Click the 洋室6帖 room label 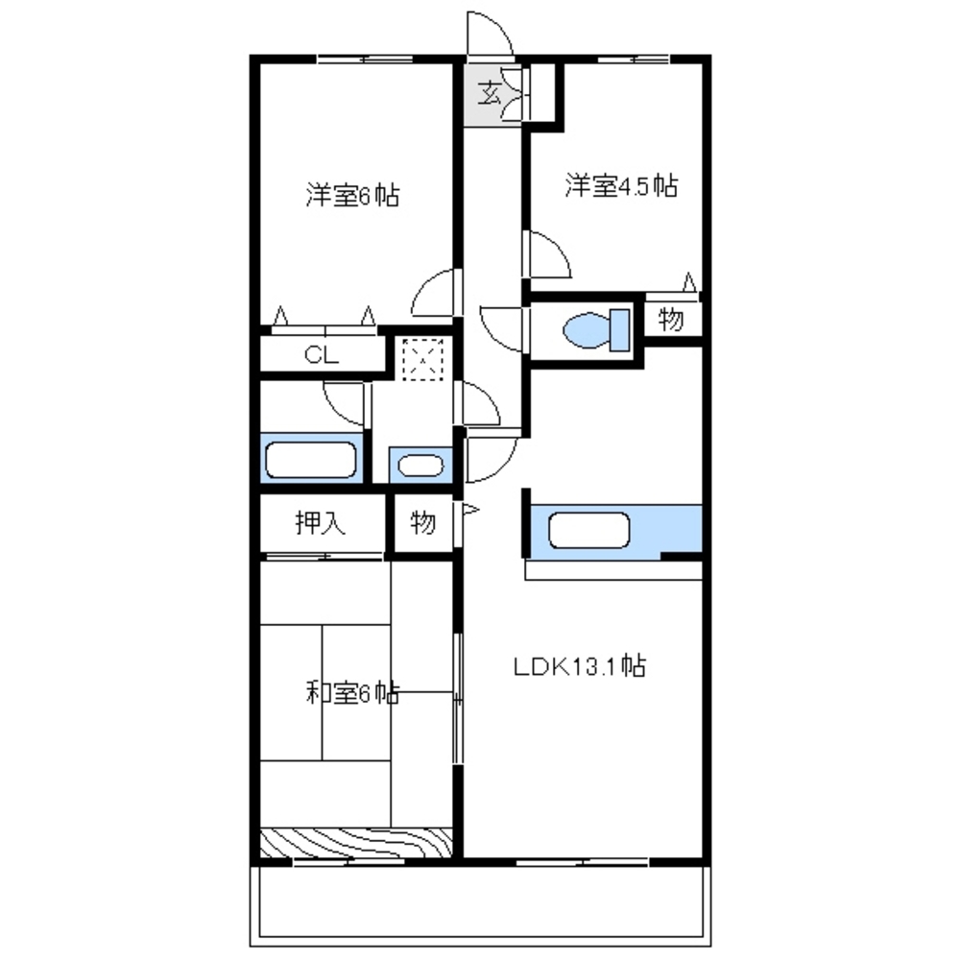click(x=352, y=196)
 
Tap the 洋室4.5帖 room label click(x=621, y=185)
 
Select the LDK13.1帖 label click(x=580, y=665)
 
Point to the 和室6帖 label click(x=352, y=693)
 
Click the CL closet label click(x=322, y=355)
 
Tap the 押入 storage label click(x=321, y=523)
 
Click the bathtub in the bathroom click(x=311, y=459)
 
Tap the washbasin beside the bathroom click(x=420, y=466)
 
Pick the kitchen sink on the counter click(x=589, y=530)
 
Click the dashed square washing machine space click(x=422, y=359)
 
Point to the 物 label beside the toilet click(x=671, y=320)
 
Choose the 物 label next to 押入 click(x=422, y=523)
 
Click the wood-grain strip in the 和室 click(x=356, y=842)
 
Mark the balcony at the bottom click(x=480, y=905)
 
